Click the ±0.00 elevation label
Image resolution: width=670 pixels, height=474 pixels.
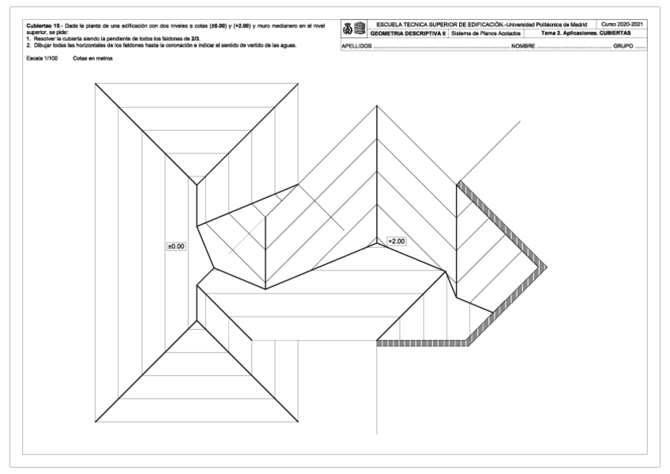pos(175,246)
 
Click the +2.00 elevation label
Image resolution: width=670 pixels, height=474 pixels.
pos(396,241)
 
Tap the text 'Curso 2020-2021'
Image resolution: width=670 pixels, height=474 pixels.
pos(623,25)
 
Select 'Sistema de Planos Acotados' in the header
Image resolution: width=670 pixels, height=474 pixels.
pos(483,33)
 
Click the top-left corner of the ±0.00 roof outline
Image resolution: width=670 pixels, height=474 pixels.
pos(95,82)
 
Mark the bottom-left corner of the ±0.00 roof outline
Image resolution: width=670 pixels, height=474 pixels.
pos(95,420)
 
